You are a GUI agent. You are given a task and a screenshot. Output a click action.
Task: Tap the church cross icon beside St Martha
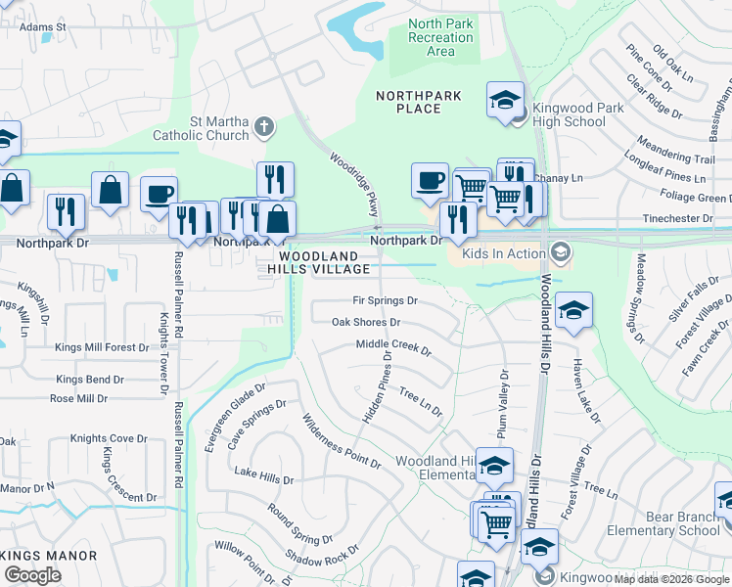pos(262,126)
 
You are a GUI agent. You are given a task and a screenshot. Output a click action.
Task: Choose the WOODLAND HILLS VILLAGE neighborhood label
pos(321,261)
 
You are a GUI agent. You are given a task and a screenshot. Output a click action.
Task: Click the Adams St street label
pos(42,27)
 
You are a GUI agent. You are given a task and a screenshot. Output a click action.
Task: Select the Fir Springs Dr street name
pos(386,300)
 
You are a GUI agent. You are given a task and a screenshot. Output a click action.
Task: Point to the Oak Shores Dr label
pos(366,322)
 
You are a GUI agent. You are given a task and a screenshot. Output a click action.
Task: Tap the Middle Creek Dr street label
pos(393,345)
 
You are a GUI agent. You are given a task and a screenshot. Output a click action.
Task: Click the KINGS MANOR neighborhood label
pos(49,556)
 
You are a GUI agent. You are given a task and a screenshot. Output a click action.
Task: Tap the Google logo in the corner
pos(32,574)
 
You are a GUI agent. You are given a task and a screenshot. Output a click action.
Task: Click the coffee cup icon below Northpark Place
pos(430,180)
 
